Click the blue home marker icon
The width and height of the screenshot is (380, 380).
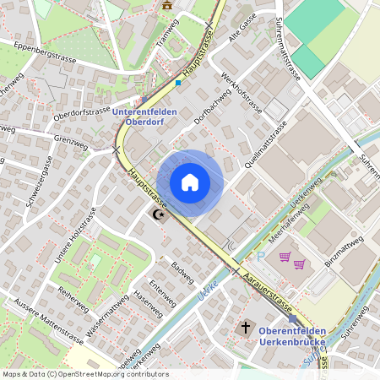(x=190, y=182)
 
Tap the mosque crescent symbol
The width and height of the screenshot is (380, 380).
(x=158, y=216)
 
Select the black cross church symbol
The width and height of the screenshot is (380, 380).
(x=247, y=327)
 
